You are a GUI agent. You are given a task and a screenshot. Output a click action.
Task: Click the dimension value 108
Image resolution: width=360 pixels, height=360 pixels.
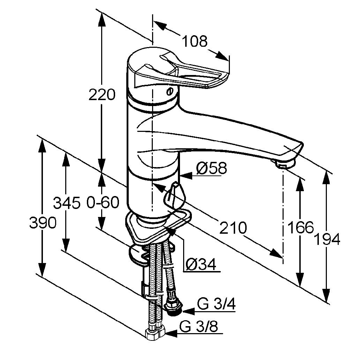tap(195, 42)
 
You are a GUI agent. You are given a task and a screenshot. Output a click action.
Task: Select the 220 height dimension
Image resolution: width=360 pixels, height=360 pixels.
tap(102, 95)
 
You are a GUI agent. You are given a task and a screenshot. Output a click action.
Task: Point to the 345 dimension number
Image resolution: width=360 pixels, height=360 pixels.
tap(67, 203)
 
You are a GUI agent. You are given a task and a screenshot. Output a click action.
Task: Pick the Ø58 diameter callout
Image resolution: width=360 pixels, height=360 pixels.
tap(211, 169)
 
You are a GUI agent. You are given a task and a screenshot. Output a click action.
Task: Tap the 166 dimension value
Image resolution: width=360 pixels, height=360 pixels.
tap(300, 228)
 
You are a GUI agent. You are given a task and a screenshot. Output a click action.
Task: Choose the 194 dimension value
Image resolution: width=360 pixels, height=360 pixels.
tap(327, 240)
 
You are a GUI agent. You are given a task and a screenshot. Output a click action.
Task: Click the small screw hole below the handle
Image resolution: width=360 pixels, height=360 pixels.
tap(170, 92)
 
